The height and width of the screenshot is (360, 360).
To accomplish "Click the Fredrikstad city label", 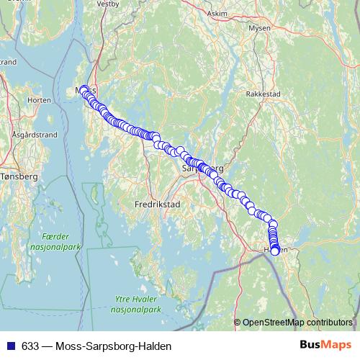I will pos(157,204).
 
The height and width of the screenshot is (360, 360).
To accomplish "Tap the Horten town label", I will pos(38,100).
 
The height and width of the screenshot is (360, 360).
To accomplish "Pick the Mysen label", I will pos(259,28).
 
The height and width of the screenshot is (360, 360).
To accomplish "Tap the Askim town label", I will pos(217,14).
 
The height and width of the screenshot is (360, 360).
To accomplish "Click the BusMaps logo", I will pos(325,346).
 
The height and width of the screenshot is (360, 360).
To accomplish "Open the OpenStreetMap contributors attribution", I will pos(297,322).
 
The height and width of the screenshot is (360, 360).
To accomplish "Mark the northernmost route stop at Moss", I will pos(84,89).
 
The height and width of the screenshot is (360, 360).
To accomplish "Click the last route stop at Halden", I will pos(274,251).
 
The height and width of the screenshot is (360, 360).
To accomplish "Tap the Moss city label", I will pos(81,91).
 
